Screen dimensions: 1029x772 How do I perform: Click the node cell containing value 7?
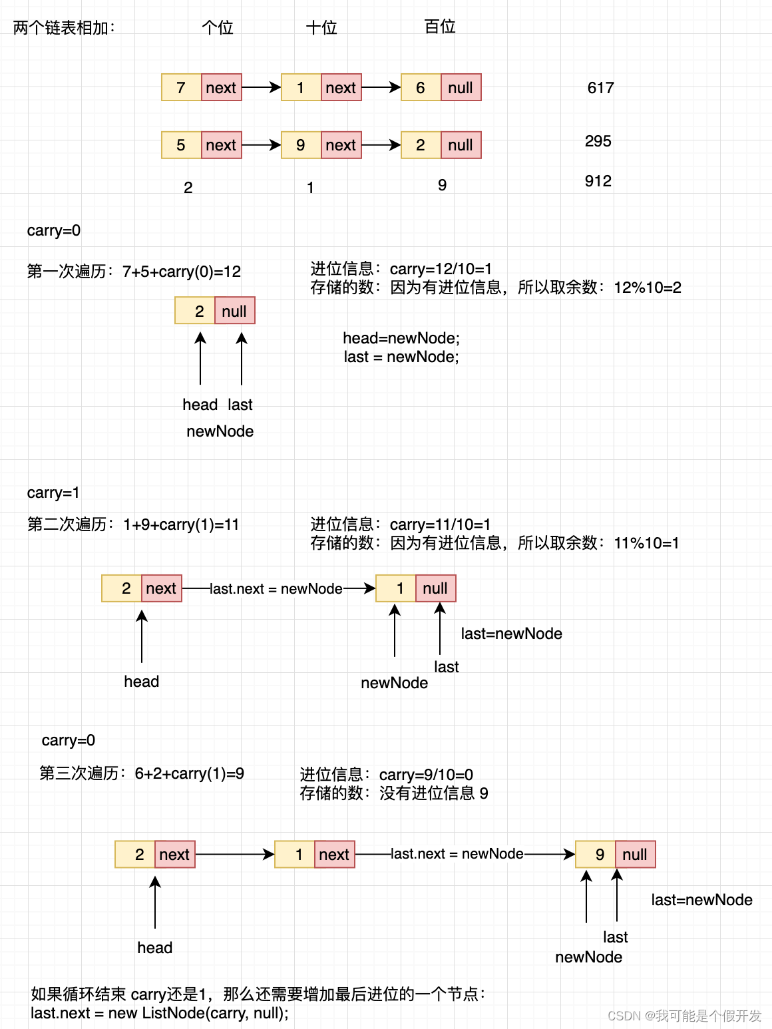click(181, 88)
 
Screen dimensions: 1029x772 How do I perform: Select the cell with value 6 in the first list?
click(421, 88)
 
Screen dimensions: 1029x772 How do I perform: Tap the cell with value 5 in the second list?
click(181, 145)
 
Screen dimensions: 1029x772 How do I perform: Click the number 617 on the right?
click(600, 88)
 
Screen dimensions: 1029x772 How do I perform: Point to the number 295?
click(598, 141)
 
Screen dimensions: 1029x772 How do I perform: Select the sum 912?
click(598, 181)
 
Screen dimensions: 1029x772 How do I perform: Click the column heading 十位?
click(321, 28)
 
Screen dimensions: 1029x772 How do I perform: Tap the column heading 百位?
click(440, 27)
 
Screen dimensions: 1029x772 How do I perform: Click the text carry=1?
click(53, 493)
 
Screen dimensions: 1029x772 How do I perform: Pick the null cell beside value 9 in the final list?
click(635, 855)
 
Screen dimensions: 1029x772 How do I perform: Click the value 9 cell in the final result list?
click(599, 855)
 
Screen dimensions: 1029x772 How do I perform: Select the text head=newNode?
click(401, 338)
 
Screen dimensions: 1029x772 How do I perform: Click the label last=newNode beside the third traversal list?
click(701, 900)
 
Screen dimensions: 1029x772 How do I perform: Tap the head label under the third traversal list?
click(154, 948)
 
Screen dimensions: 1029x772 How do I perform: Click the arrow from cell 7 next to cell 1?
click(261, 87)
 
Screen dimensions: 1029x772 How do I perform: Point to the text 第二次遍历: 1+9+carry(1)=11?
click(133, 524)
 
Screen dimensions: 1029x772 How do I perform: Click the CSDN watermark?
click(684, 1016)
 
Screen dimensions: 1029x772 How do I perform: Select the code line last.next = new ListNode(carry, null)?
click(160, 1013)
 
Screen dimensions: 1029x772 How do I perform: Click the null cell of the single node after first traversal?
click(234, 311)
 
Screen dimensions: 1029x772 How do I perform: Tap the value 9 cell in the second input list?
click(301, 145)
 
